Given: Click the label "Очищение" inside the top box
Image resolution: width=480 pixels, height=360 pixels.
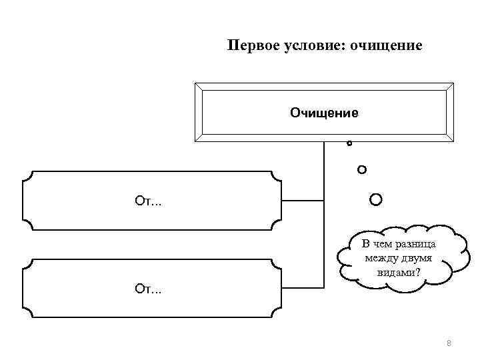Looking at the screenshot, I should pyautogui.click(x=323, y=113).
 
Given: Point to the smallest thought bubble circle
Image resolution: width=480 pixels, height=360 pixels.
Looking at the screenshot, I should pyautogui.click(x=349, y=143).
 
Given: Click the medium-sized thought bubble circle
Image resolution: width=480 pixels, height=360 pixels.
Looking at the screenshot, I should pyautogui.click(x=362, y=169).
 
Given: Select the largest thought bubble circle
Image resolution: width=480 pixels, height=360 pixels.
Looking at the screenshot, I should pyautogui.click(x=376, y=199).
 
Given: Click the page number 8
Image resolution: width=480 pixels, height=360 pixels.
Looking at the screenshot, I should pyautogui.click(x=449, y=343).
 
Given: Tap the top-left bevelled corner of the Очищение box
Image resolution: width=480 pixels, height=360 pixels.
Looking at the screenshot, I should pyautogui.click(x=198, y=87).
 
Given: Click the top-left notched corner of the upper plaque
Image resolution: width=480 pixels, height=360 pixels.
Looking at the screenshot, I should pyautogui.click(x=27, y=176).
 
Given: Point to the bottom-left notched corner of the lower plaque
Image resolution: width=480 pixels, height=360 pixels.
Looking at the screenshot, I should pyautogui.click(x=27, y=313).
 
